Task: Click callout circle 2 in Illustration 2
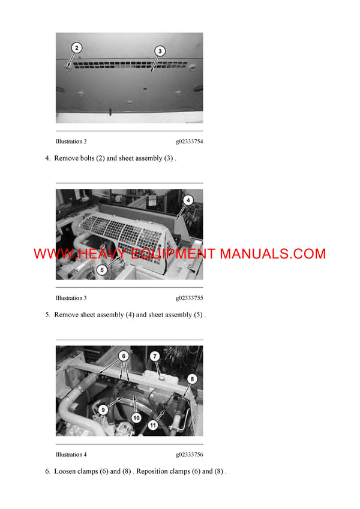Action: click(x=77, y=47)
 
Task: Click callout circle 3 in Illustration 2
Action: click(x=160, y=52)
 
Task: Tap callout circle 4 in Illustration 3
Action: click(x=188, y=201)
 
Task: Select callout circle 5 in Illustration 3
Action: click(x=102, y=270)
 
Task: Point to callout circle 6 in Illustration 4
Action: click(x=123, y=356)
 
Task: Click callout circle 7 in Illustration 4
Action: click(x=154, y=356)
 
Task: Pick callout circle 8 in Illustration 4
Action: click(x=192, y=379)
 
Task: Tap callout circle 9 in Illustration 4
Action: click(x=103, y=410)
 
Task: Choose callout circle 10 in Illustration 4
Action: click(x=136, y=417)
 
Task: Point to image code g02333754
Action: click(x=189, y=141)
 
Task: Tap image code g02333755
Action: click(x=189, y=298)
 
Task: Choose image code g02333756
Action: click(x=189, y=454)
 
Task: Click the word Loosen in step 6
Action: click(x=66, y=471)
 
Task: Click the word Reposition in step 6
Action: click(x=152, y=471)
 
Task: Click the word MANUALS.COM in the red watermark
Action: click(x=272, y=254)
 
